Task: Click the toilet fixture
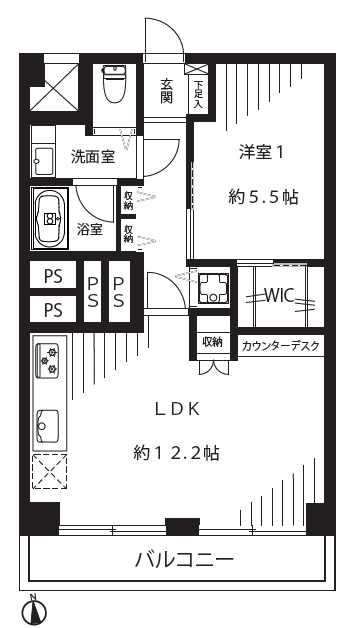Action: (115, 83)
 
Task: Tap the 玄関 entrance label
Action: (166, 91)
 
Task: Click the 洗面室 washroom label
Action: (93, 157)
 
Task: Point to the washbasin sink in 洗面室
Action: (43, 161)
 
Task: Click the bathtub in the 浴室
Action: (50, 219)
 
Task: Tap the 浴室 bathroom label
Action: (90, 230)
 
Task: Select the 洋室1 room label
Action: (261, 153)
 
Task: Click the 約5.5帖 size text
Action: (263, 197)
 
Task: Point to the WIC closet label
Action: (280, 295)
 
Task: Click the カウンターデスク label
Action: (281, 346)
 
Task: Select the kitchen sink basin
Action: (48, 425)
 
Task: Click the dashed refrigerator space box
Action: (49, 472)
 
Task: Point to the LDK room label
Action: (177, 409)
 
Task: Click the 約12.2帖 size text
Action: (176, 453)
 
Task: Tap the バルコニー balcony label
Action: (184, 560)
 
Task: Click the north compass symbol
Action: (36, 610)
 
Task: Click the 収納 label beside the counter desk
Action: (213, 342)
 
